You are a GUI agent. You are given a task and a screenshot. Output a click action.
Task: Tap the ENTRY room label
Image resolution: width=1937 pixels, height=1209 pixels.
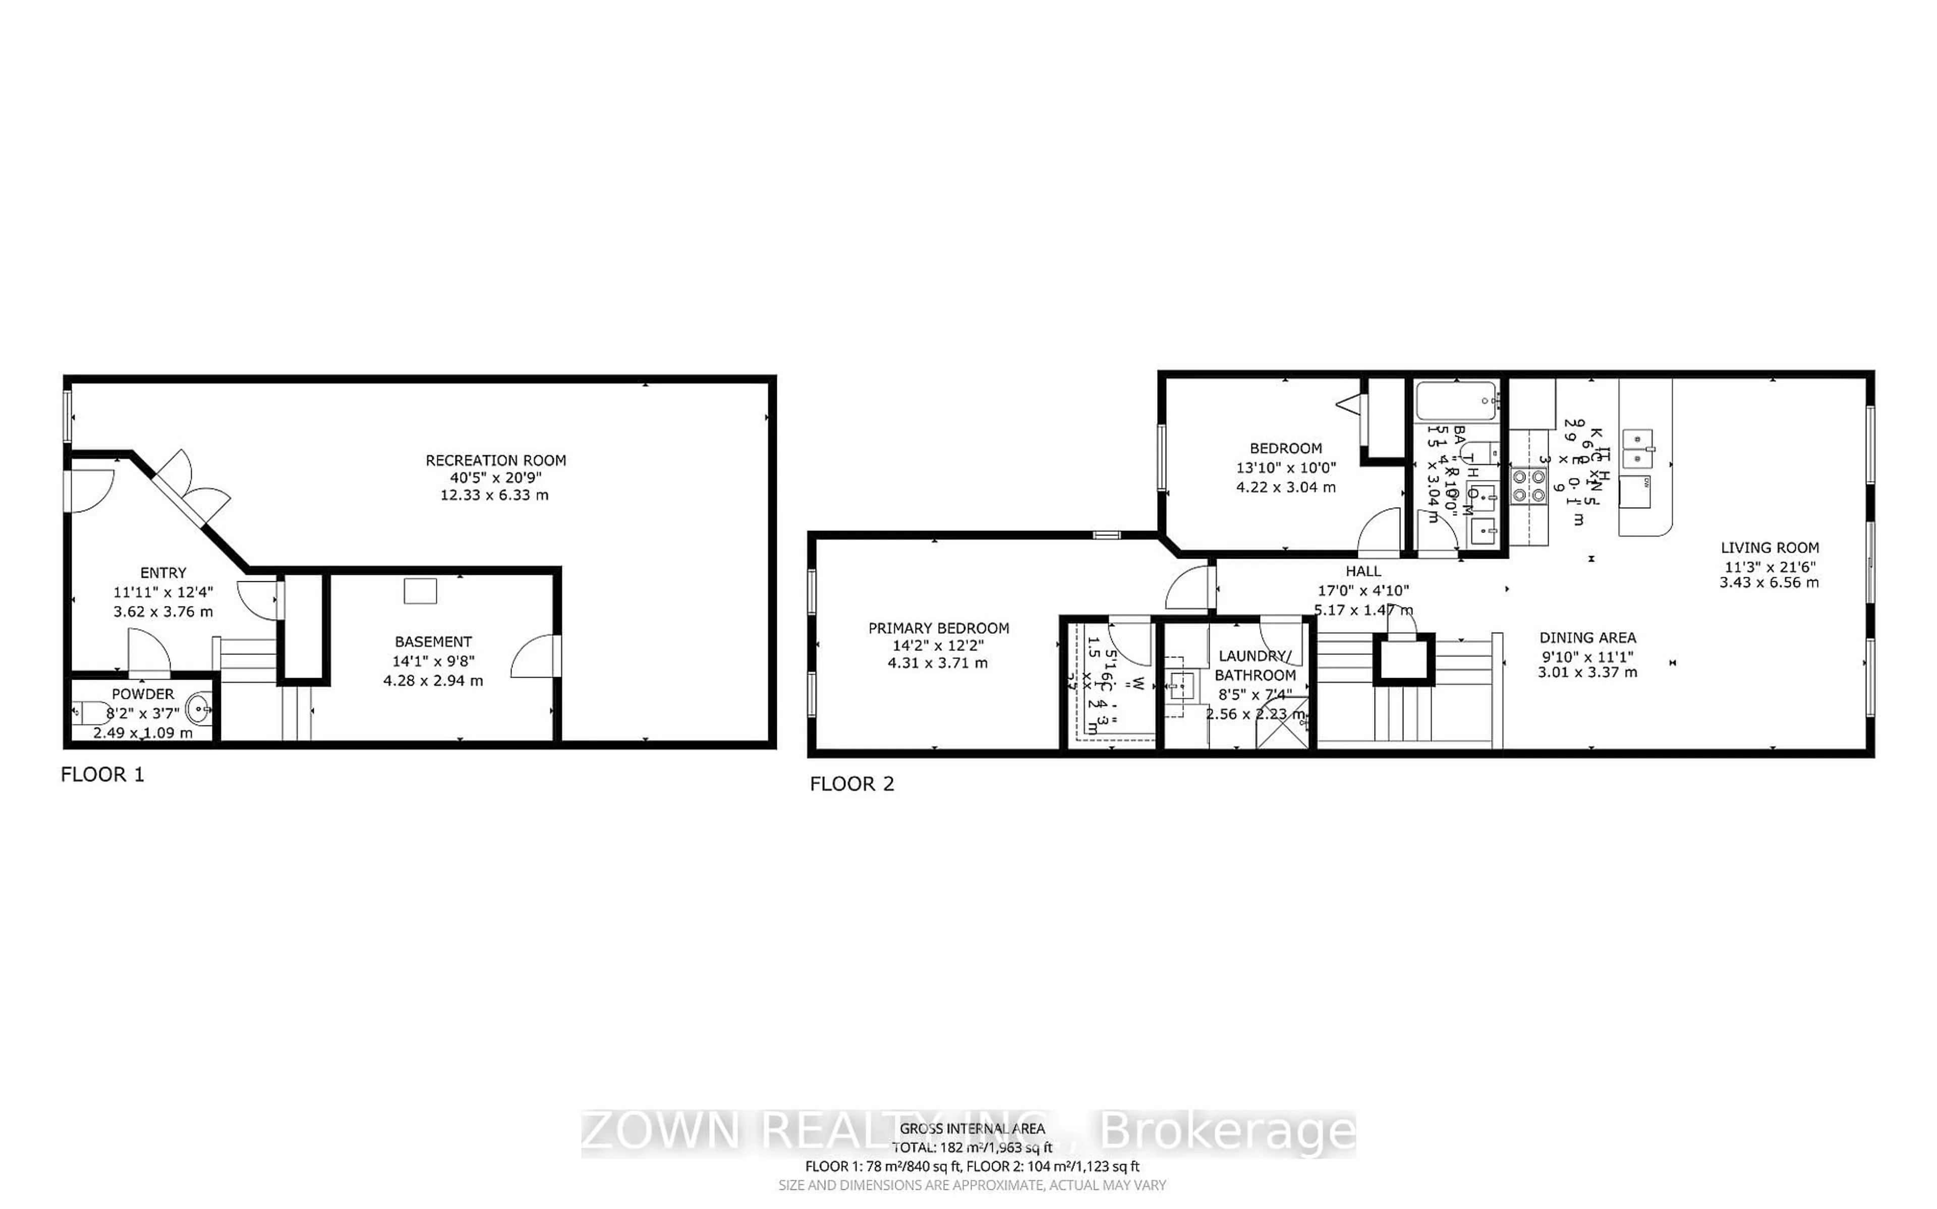[163, 573]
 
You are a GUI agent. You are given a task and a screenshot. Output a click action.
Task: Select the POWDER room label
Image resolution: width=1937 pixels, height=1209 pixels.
[142, 694]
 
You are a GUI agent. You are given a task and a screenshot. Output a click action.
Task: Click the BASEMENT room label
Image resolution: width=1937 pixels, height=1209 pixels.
[433, 641]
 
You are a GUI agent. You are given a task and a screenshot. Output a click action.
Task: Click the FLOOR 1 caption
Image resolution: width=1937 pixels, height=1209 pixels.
[102, 775]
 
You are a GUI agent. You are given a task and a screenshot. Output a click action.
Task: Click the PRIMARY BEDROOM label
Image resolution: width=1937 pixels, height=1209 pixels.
[938, 629]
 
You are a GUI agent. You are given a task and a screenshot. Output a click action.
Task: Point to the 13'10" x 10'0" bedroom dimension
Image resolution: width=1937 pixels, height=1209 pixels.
[1285, 468]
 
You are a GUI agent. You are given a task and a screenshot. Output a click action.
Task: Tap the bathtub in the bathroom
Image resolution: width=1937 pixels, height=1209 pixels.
[1456, 401]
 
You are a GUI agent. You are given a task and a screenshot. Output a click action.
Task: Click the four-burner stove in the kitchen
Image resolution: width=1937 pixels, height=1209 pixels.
[1527, 486]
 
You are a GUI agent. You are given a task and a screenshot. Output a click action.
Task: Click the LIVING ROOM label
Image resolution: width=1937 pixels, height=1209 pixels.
[1769, 548]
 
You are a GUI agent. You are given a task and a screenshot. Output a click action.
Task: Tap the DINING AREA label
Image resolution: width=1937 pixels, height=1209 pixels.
[1587, 638]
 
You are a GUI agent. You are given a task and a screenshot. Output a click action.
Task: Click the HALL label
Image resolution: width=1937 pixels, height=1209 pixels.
[1363, 571]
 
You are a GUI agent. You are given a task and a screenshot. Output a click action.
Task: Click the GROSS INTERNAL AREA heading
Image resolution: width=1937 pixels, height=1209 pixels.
[972, 1129]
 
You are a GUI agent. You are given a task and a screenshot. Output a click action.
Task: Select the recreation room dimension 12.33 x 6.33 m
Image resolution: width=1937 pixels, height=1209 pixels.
[494, 495]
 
